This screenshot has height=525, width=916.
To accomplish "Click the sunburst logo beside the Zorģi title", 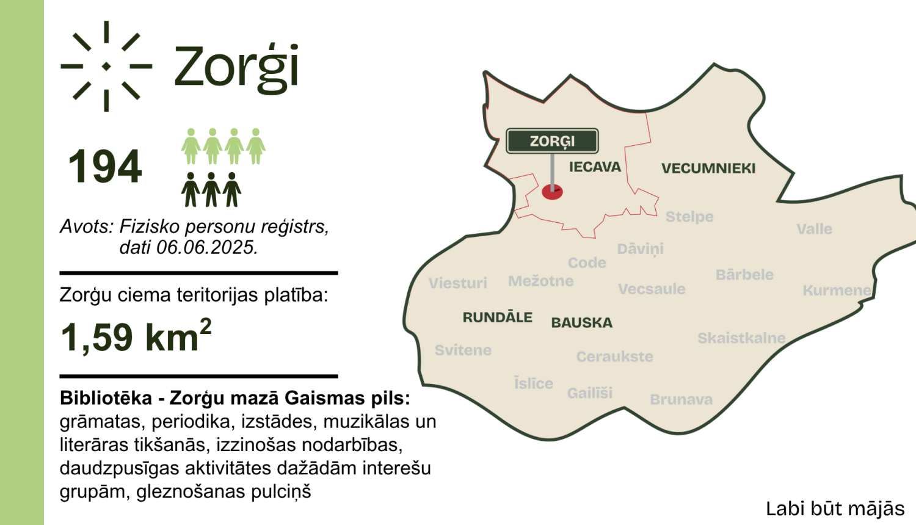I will (106, 66).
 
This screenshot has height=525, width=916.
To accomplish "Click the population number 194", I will (105, 167).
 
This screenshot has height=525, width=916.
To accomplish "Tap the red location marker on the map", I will (552, 192).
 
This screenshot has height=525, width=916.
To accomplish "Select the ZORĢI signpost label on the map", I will (552, 141).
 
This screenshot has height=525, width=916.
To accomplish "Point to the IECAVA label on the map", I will (595, 167).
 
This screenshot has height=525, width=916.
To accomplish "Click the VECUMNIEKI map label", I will (708, 168).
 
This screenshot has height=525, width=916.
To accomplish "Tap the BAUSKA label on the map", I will (581, 323).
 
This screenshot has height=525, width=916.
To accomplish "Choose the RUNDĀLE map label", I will (497, 317).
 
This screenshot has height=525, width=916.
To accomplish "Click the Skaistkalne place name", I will (741, 338).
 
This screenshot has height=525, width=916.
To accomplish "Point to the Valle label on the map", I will (814, 230).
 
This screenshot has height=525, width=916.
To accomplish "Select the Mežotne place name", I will (540, 281).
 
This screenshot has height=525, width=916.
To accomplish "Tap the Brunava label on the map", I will (681, 400).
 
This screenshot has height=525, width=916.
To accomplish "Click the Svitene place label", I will (463, 350).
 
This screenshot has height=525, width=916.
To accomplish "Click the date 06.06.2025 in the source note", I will (206, 247).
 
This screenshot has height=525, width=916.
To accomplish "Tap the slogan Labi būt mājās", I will (835, 509).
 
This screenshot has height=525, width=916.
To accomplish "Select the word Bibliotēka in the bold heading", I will (106, 398).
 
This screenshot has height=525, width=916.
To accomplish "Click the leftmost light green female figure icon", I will (191, 147).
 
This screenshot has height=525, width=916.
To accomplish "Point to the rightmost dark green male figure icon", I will (232, 190).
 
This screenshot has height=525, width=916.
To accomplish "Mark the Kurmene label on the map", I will (837, 291).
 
